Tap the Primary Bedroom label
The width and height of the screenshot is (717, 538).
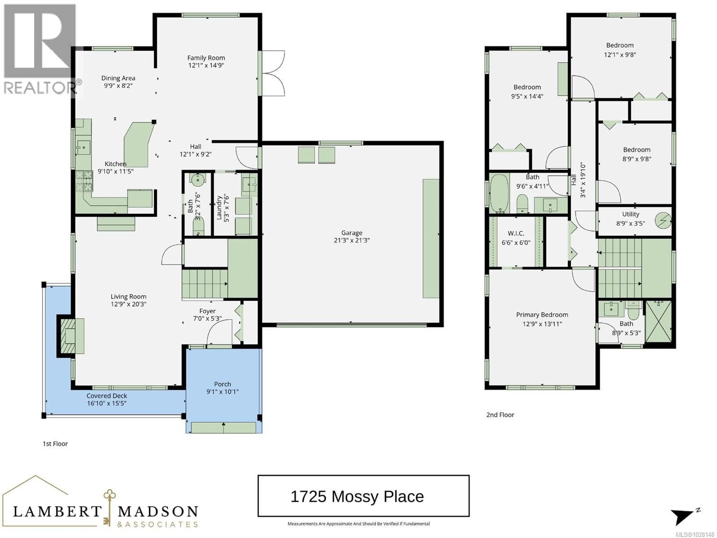click(x=542, y=315)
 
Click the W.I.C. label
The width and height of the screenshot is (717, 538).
click(x=516, y=233)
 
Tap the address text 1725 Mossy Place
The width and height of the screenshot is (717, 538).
click(x=357, y=497)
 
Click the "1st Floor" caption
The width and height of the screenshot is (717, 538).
click(x=55, y=444)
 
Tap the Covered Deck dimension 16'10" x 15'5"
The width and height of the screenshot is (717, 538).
click(x=107, y=403)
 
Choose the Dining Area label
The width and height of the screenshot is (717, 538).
click(x=118, y=78)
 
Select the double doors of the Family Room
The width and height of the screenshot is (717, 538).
click(x=273, y=73)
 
